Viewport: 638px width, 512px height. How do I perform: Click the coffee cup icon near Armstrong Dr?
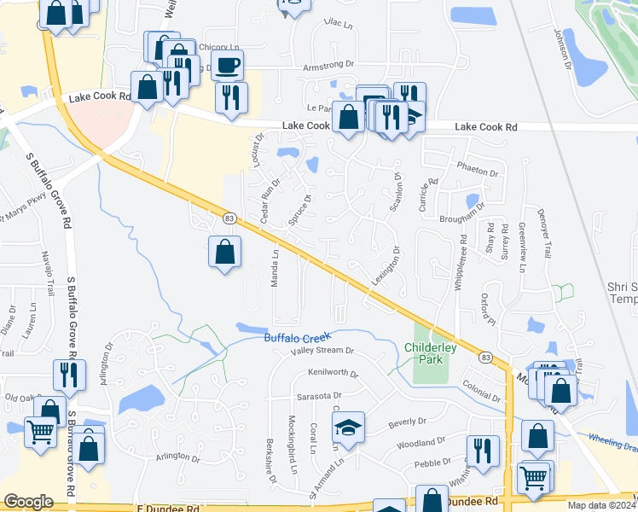pyautogui.click(x=228, y=65)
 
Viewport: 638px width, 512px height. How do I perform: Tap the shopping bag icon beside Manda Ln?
pyautogui.click(x=224, y=252)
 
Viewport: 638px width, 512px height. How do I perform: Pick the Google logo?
pyautogui.click(x=28, y=502)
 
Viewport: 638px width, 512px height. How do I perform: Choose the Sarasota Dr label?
pyautogui.click(x=319, y=396)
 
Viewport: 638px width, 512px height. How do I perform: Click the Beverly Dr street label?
pyautogui.click(x=407, y=422)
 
